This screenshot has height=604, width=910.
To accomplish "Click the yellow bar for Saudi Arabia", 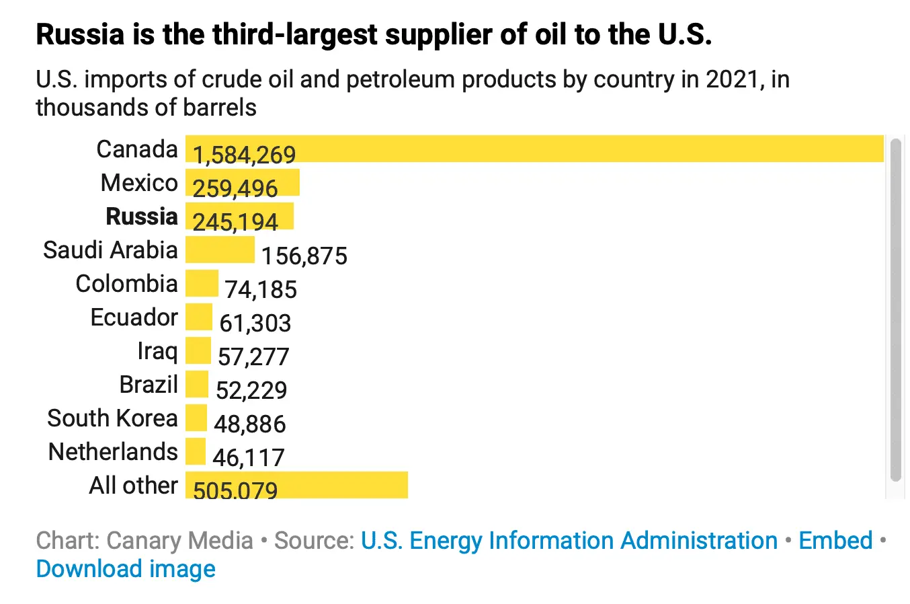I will tap(220, 250).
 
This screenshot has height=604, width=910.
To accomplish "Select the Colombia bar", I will tap(202, 283).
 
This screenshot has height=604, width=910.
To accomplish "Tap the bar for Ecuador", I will tap(199, 317).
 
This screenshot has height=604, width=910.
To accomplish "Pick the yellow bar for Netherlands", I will tap(196, 451).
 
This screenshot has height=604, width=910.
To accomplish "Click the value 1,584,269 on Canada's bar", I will tap(244, 155).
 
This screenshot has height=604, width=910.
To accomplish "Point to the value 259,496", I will tap(235, 188).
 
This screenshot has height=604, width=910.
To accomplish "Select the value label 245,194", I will tap(235, 222).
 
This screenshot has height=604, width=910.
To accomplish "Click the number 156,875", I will tap(304, 256).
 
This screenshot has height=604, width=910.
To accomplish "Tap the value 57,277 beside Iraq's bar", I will tap(253, 356).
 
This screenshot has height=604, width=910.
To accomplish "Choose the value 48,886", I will tap(250, 424).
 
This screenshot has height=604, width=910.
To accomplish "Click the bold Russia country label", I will tap(142, 217).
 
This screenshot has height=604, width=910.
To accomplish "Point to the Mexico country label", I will tap(139, 183).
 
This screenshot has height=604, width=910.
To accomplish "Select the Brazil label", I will tap(149, 385).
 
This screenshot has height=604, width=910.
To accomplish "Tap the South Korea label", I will tap(112, 418).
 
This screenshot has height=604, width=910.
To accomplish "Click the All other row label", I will tap(133, 486).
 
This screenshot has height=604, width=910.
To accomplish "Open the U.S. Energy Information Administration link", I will tap(569, 541).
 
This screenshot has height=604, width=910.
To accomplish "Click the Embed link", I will tap(835, 541).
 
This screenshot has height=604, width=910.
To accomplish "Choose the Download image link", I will tap(126, 569).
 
